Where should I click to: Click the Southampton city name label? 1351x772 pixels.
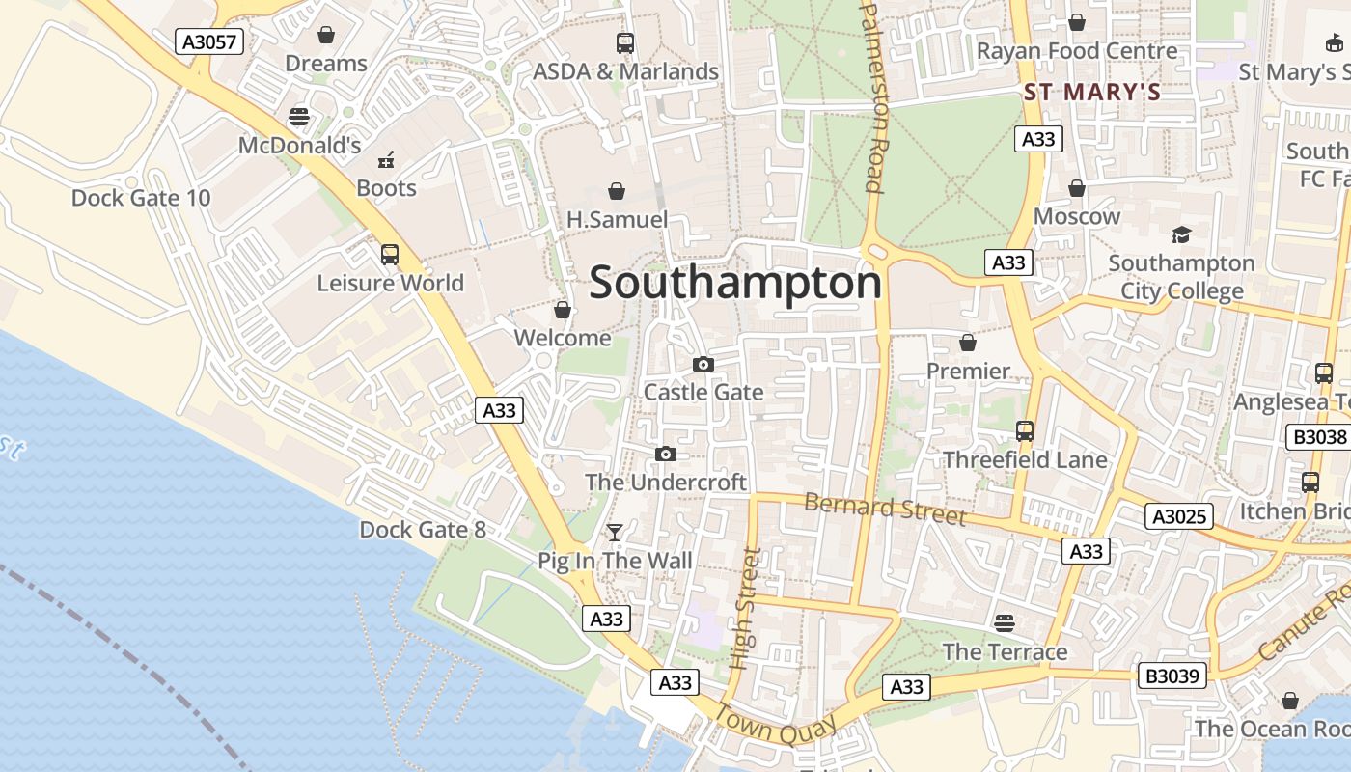click(735, 284)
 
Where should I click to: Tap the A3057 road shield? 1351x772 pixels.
click(209, 41)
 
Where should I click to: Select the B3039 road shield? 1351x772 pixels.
click(1172, 675)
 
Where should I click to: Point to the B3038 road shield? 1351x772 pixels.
click(1319, 437)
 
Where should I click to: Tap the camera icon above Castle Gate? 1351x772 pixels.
click(703, 364)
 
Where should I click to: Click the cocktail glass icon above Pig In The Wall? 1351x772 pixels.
click(614, 532)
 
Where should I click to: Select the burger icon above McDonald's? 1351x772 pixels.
click(299, 117)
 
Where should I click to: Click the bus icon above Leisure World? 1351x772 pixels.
click(390, 255)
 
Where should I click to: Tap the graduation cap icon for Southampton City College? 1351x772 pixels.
click(1181, 234)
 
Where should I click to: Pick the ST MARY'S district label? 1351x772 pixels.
click(1091, 93)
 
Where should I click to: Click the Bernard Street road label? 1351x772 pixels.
click(885, 509)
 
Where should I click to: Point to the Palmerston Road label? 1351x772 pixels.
click(872, 96)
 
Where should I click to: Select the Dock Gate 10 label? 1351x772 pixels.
click(141, 198)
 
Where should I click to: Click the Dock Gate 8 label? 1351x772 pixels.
click(423, 529)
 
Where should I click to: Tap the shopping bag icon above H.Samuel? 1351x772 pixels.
click(616, 191)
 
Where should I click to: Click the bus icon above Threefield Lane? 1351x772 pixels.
click(1025, 431)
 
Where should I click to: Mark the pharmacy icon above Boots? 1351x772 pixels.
click(386, 160)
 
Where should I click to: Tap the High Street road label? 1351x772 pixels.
click(747, 608)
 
